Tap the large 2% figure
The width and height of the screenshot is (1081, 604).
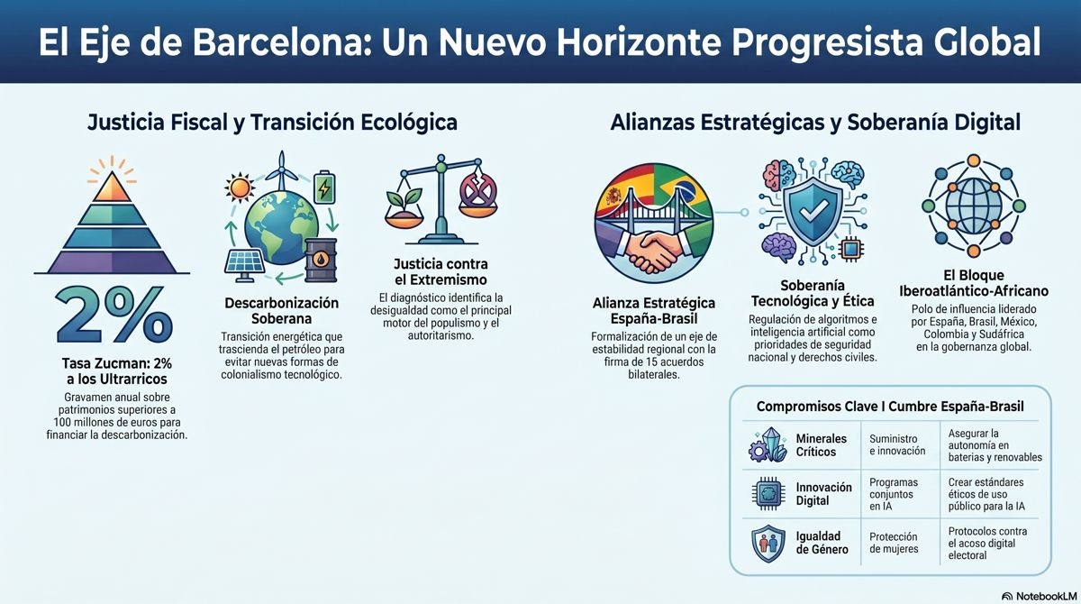coord(114,315)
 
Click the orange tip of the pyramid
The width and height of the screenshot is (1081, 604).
coord(112,187)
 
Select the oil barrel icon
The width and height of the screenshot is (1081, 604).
coord(321,261)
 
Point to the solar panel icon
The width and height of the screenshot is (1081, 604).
coord(245,264)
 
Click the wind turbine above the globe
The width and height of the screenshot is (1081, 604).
coord(282,171)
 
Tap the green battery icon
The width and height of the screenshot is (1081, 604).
coord(324,187)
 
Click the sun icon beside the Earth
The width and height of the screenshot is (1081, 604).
coord(240,188)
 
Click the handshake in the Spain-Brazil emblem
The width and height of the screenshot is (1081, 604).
coord(654,250)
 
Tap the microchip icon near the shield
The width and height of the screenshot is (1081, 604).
coord(850,249)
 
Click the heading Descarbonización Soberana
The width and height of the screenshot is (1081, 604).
coord(281,311)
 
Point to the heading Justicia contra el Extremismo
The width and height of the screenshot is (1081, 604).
coord(441,272)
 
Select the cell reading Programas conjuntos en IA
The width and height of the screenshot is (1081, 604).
coord(894,494)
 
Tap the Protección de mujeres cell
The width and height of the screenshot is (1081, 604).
coord(894,543)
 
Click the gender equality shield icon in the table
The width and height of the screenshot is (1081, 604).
coord(768,544)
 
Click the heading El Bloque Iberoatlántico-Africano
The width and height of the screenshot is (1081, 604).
coord(974,283)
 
